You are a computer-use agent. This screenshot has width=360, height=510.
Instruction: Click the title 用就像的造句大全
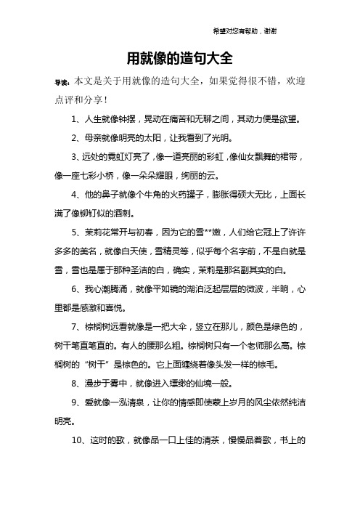pyautogui.click(x=179, y=57)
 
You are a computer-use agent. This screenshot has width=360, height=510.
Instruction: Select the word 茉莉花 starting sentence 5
pyautogui.click(x=99, y=235)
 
